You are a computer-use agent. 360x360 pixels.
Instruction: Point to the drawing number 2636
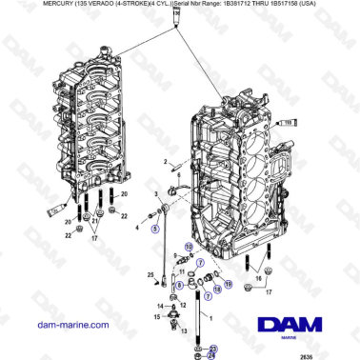pos(332,354)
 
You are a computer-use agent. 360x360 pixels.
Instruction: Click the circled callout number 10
pos(189,247)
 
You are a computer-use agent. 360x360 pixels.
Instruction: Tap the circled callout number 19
pos(227,285)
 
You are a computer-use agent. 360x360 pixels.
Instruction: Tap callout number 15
pos(158,315)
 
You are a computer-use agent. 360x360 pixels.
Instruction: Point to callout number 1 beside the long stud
pos(212,314)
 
